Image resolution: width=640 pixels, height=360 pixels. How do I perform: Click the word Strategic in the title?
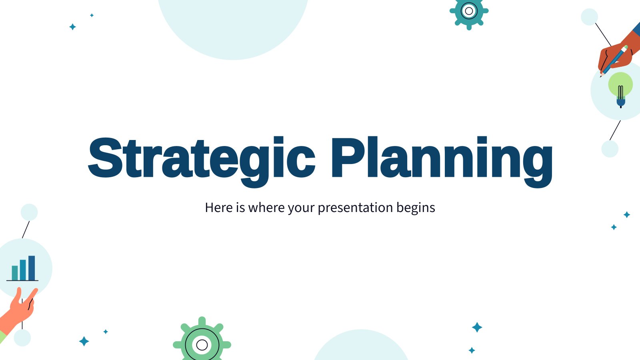(202, 162)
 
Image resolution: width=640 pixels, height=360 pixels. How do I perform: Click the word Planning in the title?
(442, 162)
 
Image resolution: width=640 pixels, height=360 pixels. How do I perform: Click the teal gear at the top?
(469, 12)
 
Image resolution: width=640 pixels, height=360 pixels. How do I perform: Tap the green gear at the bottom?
(202, 340)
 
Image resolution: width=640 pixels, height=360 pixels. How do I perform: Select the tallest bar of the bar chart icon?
(32, 268)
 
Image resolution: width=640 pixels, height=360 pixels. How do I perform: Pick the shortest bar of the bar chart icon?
(14, 273)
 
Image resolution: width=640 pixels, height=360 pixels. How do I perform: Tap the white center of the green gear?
(202, 345)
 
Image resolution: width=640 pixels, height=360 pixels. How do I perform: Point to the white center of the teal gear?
(469, 11)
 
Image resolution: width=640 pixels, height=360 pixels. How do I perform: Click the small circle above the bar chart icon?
(29, 212)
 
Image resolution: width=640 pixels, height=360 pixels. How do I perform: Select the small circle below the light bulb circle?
(610, 149)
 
